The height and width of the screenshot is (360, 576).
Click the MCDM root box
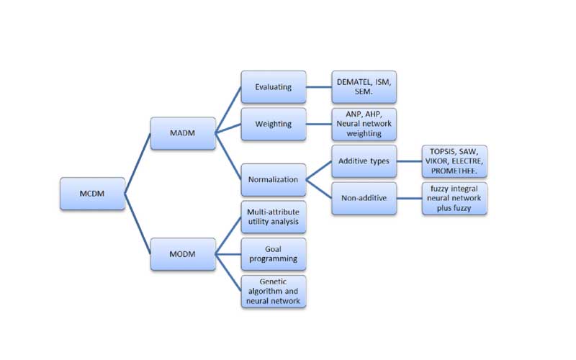click(x=92, y=194)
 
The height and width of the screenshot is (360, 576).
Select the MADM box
click(x=183, y=133)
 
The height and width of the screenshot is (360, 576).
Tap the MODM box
click(x=183, y=253)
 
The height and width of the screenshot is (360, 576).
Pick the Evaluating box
click(x=274, y=87)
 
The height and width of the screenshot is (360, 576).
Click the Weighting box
click(x=274, y=124)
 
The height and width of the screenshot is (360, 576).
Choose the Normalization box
click(x=274, y=179)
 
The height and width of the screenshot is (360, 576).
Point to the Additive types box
click(x=364, y=161)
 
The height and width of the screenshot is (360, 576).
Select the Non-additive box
click(x=364, y=198)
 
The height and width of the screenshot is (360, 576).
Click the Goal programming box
click(x=274, y=253)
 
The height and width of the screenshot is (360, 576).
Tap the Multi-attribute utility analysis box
click(x=274, y=217)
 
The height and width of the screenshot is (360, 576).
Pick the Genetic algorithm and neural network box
click(x=274, y=291)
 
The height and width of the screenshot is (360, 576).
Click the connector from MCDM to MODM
click(x=138, y=224)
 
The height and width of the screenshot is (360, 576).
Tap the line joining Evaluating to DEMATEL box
click(x=318, y=87)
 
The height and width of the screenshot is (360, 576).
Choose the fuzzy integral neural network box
click(x=454, y=198)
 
